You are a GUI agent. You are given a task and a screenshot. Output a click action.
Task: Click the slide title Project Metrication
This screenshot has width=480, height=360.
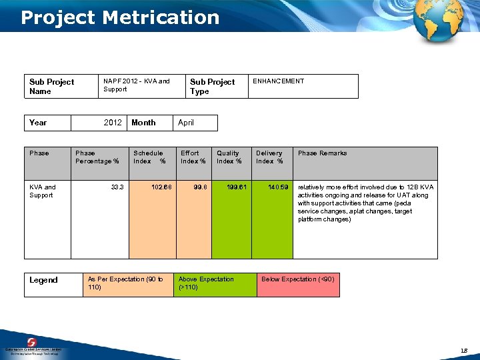coord(120,17)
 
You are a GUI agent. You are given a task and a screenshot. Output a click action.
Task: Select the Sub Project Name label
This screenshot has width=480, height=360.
coord(51,87)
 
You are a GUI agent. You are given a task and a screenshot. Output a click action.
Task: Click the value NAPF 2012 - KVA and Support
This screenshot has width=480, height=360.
coord(136,85)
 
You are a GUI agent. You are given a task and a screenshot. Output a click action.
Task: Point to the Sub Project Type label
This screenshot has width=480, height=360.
coord(212,87)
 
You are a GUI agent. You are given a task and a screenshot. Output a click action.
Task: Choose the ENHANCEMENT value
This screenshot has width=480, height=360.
coord(278,81)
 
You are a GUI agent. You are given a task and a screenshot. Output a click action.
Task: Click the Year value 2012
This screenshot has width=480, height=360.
coord(113,123)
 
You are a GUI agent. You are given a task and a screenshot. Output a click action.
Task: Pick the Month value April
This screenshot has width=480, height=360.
coord(186,123)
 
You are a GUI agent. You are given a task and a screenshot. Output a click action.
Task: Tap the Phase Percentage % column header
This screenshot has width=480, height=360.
coord(97,157)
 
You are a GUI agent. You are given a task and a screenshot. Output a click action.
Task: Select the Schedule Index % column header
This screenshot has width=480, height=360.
coord(149,157)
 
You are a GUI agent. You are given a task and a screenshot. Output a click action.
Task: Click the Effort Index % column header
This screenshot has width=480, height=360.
coord(193,157)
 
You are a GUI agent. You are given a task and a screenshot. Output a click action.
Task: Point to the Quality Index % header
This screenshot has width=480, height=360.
coord(229,157)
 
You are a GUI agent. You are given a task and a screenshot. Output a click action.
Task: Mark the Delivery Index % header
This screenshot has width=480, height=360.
coord(269,157)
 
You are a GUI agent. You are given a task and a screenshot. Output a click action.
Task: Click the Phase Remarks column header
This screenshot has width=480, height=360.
coord(322,153)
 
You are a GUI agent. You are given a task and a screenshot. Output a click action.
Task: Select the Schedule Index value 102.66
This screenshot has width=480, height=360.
coord(161,187)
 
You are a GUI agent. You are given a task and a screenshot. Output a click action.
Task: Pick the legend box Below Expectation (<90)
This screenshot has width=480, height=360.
coord(298,279)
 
